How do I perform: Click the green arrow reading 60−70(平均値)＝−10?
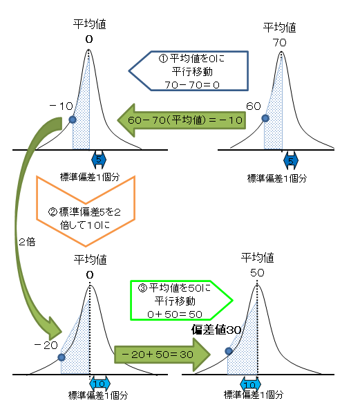tap(181, 120)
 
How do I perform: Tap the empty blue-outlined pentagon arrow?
tap(189, 70)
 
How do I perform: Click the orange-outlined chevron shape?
tap(86, 207)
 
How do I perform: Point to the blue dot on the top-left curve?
tap(73, 120)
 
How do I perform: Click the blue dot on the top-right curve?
tap(265, 118)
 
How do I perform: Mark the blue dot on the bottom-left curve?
tap(61, 357)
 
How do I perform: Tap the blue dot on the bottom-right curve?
tap(229, 351)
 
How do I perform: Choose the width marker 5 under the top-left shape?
tap(98, 160)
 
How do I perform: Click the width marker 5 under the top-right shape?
tap(291, 161)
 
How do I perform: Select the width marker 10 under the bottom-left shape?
tap(100, 384)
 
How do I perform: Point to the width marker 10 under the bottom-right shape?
tap(250, 384)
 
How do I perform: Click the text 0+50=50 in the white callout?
tap(176, 314)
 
